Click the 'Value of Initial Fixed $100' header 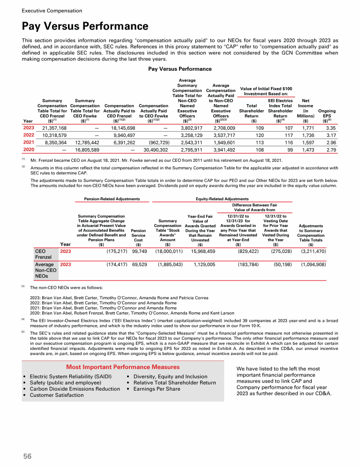[266, 89]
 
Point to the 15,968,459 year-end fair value [200, 252]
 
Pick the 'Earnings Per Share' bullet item [157, 389]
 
